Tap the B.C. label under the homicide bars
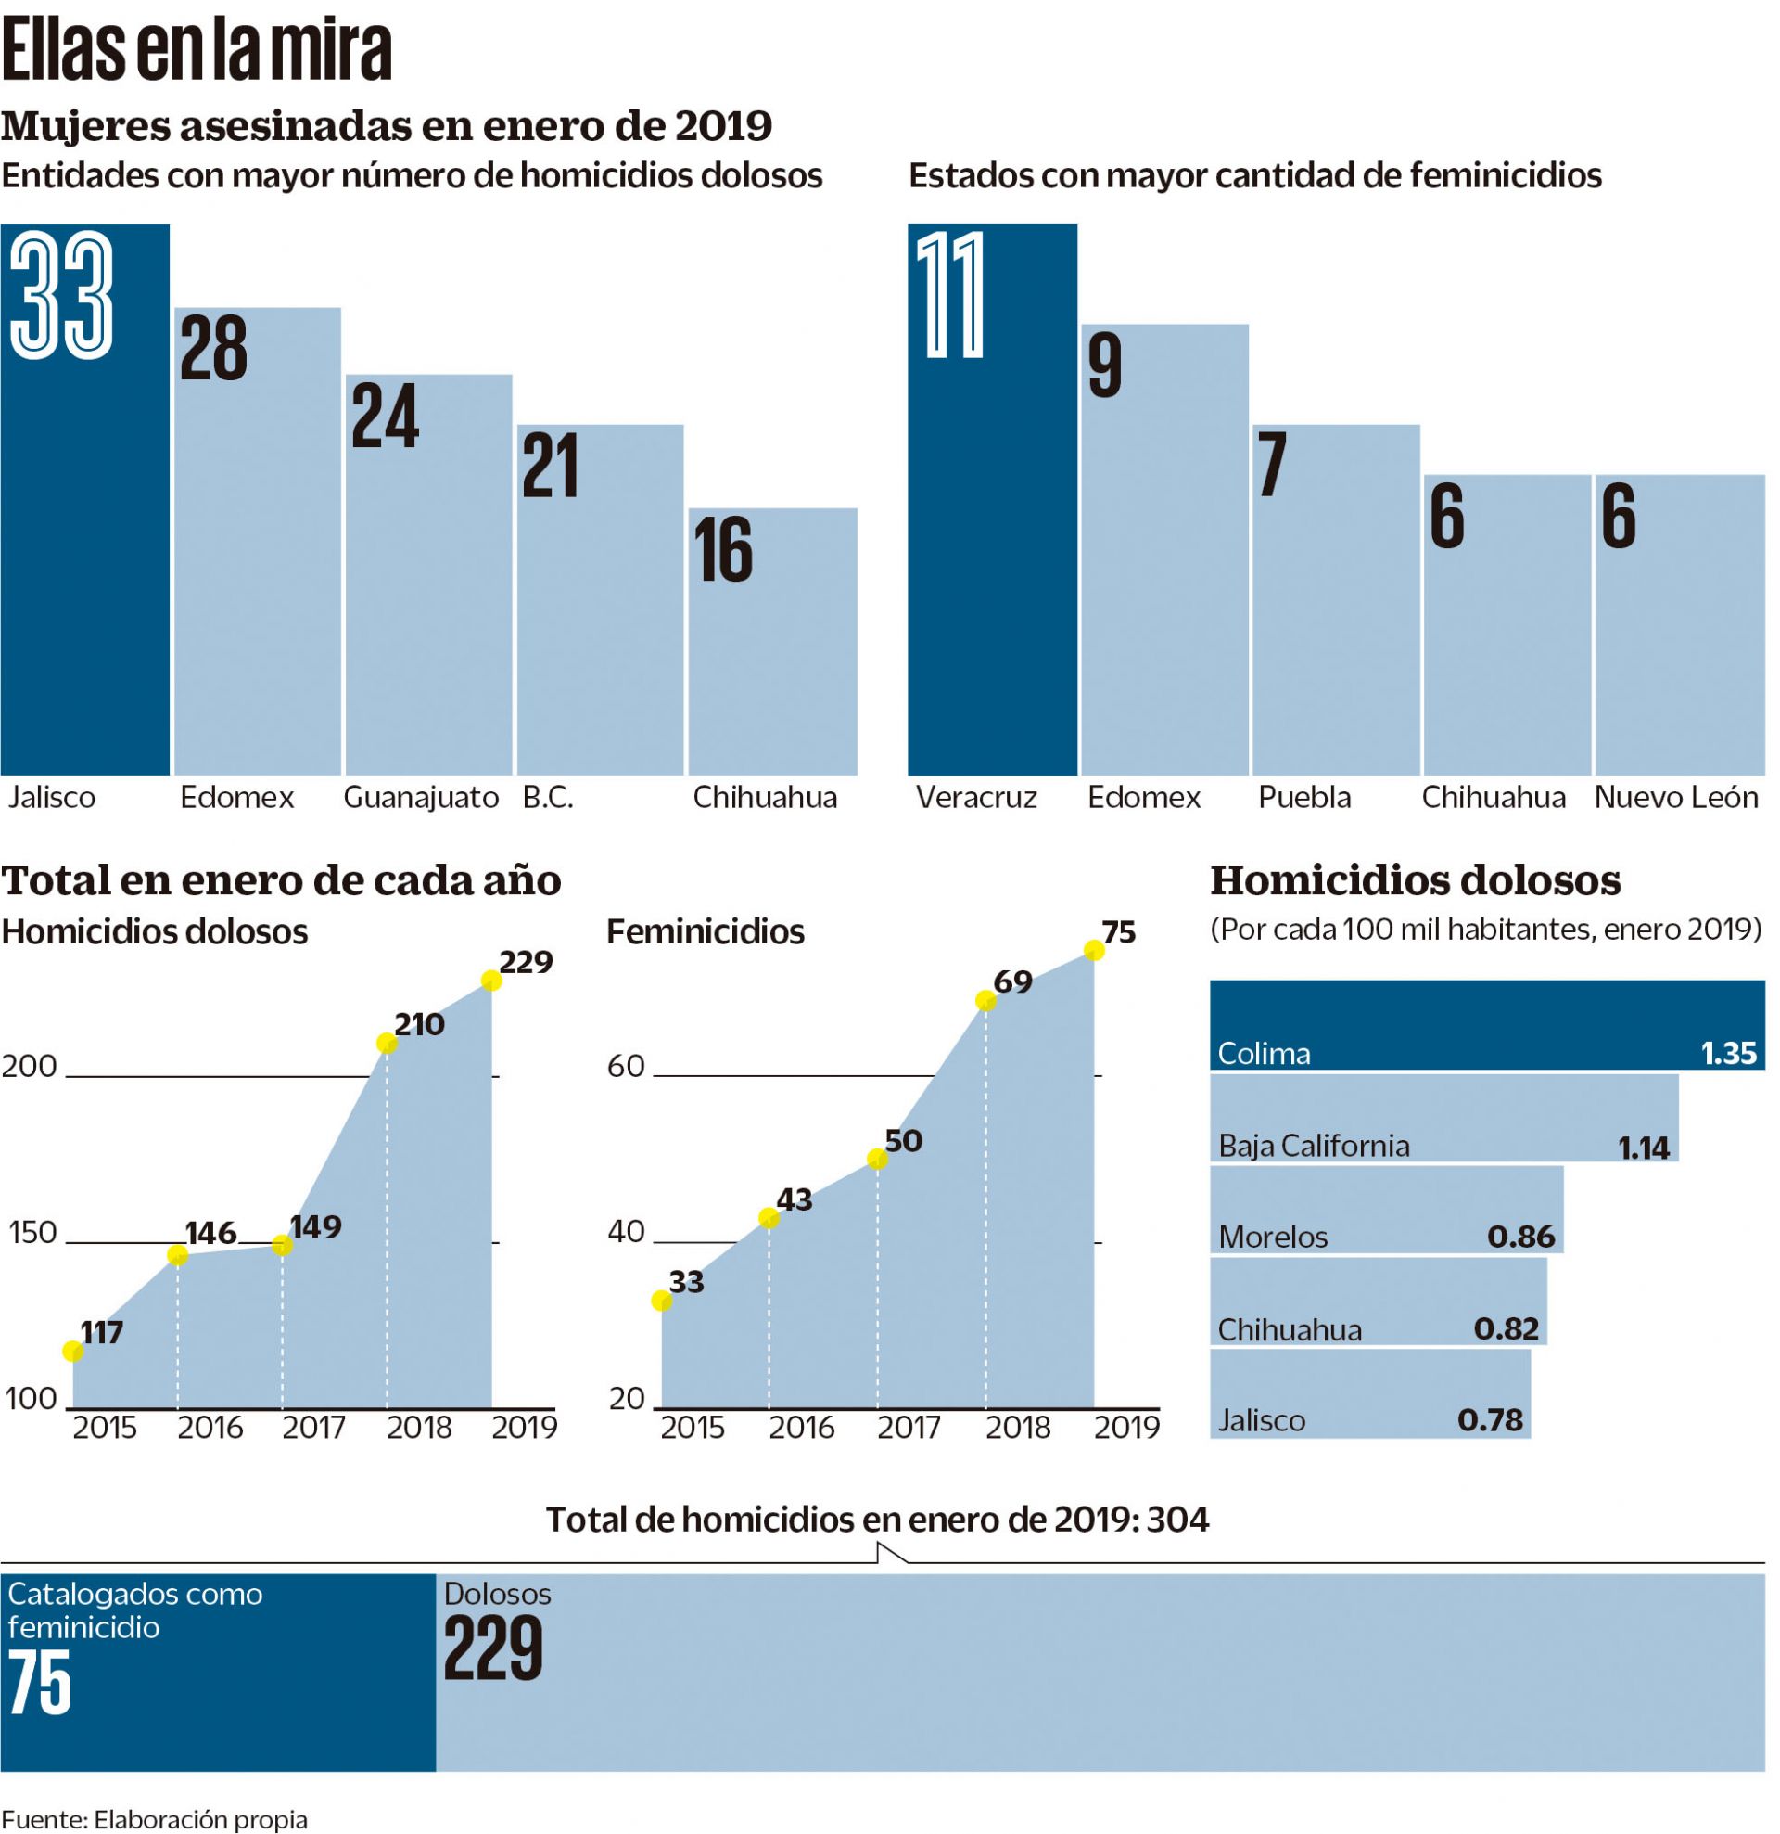tap(547, 797)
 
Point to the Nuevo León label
tap(1676, 797)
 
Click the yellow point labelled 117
tap(72, 1351)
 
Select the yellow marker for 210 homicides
tap(387, 1043)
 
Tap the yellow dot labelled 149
tap(282, 1245)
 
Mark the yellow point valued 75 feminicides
tap(1093, 951)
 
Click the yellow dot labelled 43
tap(768, 1217)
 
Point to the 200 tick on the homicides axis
tap(30, 1066)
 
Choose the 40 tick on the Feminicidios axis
tap(626, 1231)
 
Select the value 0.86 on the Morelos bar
tap(1521, 1236)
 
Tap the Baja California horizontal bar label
tap(1314, 1146)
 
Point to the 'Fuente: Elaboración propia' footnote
tap(154, 1819)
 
